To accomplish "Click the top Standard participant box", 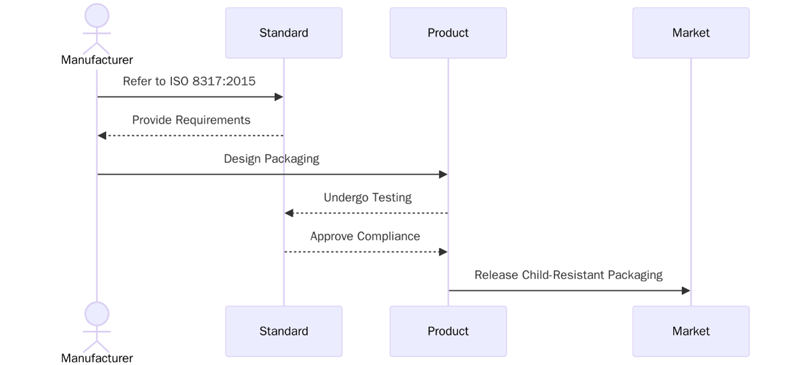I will (283, 33).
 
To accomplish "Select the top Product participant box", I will (448, 33).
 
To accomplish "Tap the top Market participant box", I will (690, 33).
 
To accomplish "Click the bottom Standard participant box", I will (283, 331).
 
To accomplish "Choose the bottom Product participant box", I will (448, 331).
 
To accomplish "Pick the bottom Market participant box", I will (690, 331).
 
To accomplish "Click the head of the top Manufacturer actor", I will (97, 15).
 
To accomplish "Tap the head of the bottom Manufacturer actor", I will (97, 314).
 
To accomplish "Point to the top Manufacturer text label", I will (97, 60).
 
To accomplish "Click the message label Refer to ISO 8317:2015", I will (189, 81).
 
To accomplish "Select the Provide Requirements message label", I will (191, 120).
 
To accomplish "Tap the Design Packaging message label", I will (271, 159).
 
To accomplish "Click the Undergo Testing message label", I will (367, 198).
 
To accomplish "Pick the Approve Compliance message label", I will (365, 236).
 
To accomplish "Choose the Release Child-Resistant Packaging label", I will (568, 275).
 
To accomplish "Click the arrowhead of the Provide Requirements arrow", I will (102, 135).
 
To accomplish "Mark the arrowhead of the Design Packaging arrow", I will (443, 174).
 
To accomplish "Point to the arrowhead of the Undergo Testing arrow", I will (289, 213).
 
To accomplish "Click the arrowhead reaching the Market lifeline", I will (686, 291).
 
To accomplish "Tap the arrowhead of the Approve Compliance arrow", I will (443, 252).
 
